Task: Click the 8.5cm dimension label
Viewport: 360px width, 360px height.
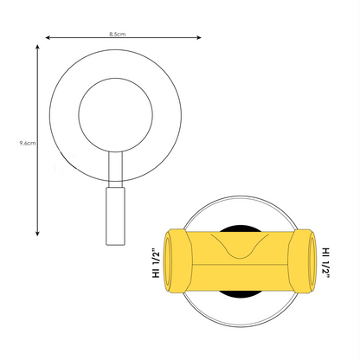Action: (x=117, y=34)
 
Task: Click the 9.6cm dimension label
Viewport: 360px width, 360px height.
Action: (x=28, y=143)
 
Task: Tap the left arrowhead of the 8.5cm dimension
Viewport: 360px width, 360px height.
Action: (x=48, y=38)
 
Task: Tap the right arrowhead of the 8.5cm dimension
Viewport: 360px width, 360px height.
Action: (x=199, y=37)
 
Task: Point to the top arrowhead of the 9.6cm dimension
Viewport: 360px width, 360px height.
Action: (x=37, y=47)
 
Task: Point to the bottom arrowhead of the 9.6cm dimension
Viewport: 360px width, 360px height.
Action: (x=37, y=233)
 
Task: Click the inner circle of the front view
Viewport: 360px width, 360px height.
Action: (x=115, y=78)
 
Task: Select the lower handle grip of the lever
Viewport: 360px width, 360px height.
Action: (x=115, y=216)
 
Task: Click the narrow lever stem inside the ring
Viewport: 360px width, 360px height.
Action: (x=115, y=166)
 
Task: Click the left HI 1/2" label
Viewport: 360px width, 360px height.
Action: (x=156, y=262)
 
